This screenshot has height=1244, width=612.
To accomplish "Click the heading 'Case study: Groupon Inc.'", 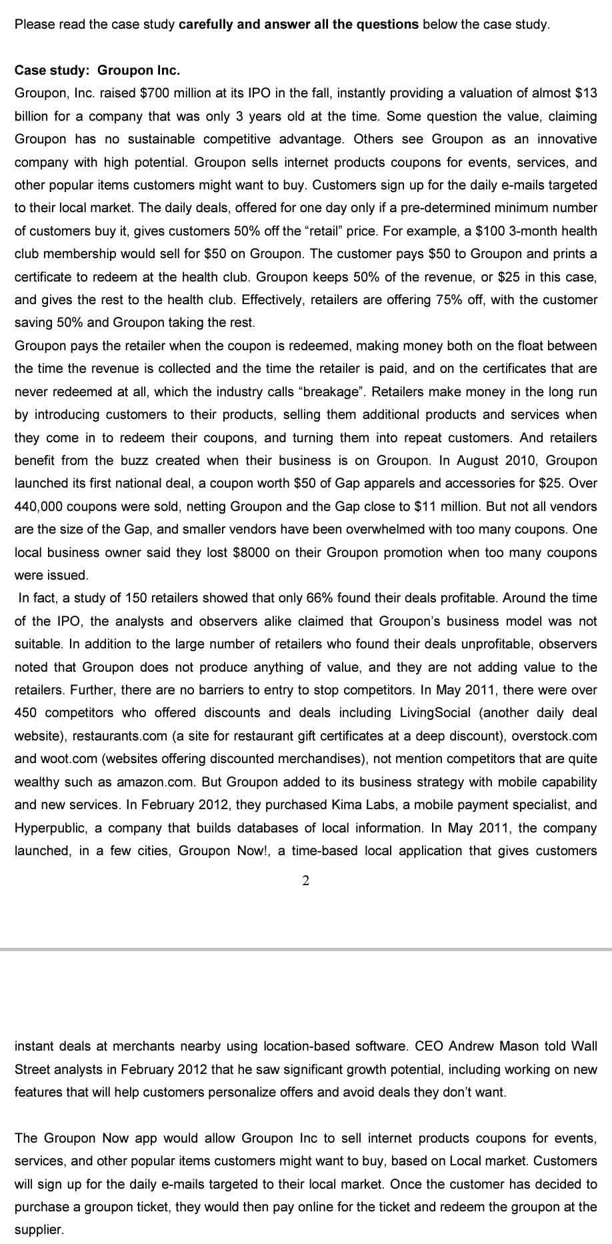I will click(97, 70).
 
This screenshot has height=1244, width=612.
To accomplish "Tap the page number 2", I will click(305, 881).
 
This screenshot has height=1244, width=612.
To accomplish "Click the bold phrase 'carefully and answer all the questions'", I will click(299, 25).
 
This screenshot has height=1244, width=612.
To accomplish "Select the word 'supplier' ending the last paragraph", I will click(38, 1229).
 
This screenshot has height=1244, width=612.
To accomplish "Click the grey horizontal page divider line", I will click(305, 949).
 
